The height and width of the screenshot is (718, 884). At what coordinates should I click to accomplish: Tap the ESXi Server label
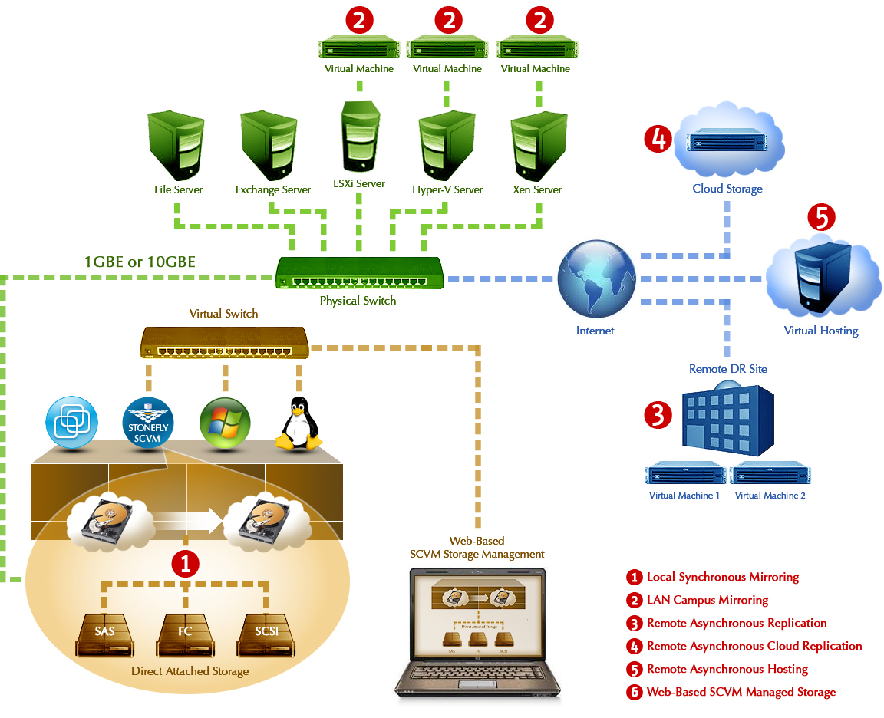[x=358, y=184]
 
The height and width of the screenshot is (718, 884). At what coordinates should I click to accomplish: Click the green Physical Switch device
[x=358, y=273]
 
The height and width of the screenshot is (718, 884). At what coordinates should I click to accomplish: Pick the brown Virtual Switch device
[x=224, y=341]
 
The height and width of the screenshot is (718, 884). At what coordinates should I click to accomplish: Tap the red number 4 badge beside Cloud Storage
[x=658, y=140]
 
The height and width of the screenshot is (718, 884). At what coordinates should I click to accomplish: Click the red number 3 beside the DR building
[x=658, y=414]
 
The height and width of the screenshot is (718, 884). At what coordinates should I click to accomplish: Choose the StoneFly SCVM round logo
[x=149, y=421]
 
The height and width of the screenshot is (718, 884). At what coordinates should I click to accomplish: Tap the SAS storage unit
[x=104, y=634]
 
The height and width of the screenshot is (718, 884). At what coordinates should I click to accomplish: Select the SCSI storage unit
[x=266, y=634]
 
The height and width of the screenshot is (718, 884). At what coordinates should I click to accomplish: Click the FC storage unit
[x=185, y=634]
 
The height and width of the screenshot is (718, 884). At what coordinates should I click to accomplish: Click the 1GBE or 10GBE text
[x=140, y=262]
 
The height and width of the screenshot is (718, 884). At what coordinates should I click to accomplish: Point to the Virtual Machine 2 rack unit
[x=770, y=474]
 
